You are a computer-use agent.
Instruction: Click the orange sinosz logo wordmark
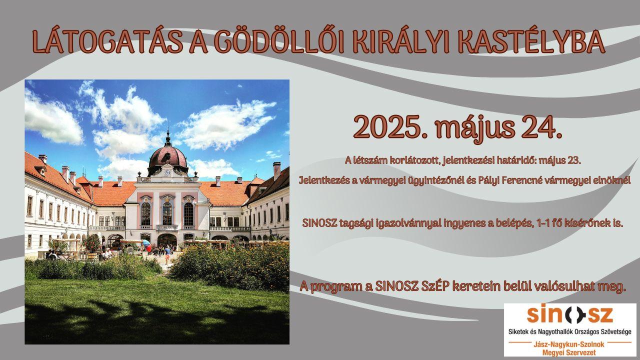tap(570, 315)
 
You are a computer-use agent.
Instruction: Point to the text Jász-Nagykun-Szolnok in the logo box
tap(569, 344)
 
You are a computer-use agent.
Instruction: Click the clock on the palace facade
tap(167, 172)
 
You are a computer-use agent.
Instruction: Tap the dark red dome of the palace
tap(167, 157)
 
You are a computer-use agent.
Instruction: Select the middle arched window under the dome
tap(167, 213)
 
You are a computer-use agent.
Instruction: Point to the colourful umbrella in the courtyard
tap(147, 245)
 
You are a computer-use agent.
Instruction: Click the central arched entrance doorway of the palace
tap(167, 240)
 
